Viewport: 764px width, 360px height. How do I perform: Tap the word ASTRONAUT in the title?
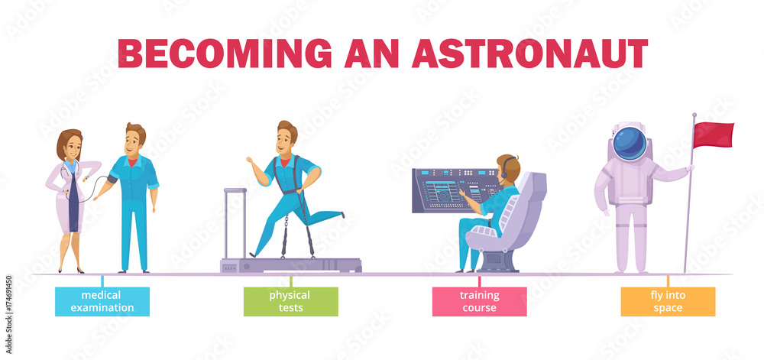(529, 53)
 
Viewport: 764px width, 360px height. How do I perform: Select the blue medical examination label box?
(102, 302)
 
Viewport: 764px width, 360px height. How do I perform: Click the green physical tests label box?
(291, 302)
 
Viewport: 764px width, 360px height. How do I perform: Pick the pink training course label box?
(480, 302)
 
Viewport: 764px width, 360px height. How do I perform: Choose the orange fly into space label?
(668, 302)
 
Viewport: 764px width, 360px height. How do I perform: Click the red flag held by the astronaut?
(713, 135)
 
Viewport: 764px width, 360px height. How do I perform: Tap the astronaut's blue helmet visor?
(630, 143)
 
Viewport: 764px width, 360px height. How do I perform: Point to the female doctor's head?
(70, 144)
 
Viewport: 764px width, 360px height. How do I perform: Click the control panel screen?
(456, 190)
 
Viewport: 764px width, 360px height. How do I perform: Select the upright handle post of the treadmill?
(235, 224)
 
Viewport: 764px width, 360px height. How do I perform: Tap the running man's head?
(286, 136)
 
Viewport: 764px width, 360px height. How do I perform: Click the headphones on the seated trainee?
(505, 168)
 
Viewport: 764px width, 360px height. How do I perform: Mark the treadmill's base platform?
(291, 265)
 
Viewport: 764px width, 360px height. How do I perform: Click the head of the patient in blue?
(135, 139)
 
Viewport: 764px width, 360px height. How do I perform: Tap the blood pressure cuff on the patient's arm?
(112, 179)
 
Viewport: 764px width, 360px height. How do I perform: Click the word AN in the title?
(372, 53)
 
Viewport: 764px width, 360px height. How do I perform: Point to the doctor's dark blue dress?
(73, 202)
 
